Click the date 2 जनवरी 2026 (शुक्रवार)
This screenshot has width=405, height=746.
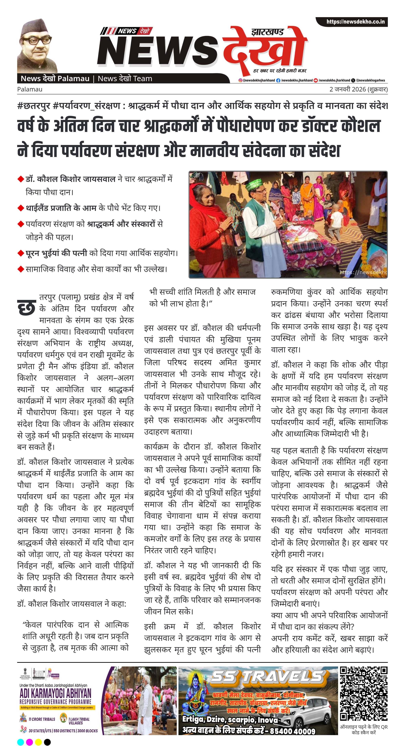[x=358, y=89]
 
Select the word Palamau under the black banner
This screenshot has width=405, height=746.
[x=30, y=89]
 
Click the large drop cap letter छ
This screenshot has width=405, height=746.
[x=27, y=308]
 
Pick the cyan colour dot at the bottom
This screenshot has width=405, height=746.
[x=21, y=742]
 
